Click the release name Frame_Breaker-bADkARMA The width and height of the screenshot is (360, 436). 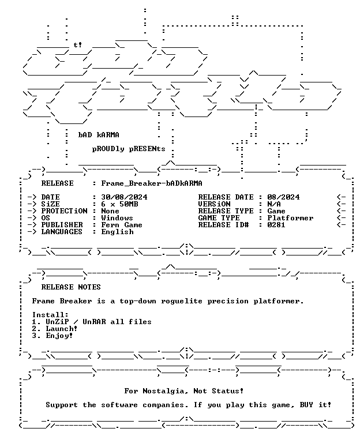coord(152,183)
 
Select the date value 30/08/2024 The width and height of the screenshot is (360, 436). coord(124,197)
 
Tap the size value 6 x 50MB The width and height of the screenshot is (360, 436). coord(119,204)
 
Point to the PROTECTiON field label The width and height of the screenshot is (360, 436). coord(64,211)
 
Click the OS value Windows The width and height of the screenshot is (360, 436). coord(117,218)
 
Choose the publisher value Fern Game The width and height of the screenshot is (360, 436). coord(122,225)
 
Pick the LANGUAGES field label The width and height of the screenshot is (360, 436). coord(62,232)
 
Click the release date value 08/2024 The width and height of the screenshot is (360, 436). coord(283,197)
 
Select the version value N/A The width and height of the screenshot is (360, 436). coord(274,204)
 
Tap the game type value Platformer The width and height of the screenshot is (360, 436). coord(290,218)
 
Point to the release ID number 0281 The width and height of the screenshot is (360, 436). coord(276,225)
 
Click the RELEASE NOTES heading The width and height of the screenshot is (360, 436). coord(71,287)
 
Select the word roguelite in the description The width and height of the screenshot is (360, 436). coord(182,301)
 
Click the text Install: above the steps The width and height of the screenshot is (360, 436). coord(50,315)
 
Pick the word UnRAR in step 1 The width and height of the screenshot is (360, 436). coord(94,322)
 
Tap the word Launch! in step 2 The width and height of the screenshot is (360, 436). coord(62,329)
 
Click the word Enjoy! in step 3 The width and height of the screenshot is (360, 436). coord(59,336)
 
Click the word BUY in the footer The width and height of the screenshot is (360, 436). coord(306,405)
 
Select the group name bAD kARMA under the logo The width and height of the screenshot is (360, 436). coord(99,135)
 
